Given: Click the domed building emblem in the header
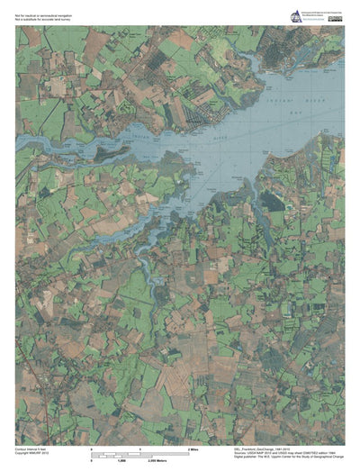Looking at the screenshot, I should pyautogui.click(x=295, y=15).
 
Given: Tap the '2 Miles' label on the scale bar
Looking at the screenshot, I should pyautogui.click(x=192, y=448).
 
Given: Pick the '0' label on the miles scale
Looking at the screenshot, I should pyautogui.click(x=93, y=448).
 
